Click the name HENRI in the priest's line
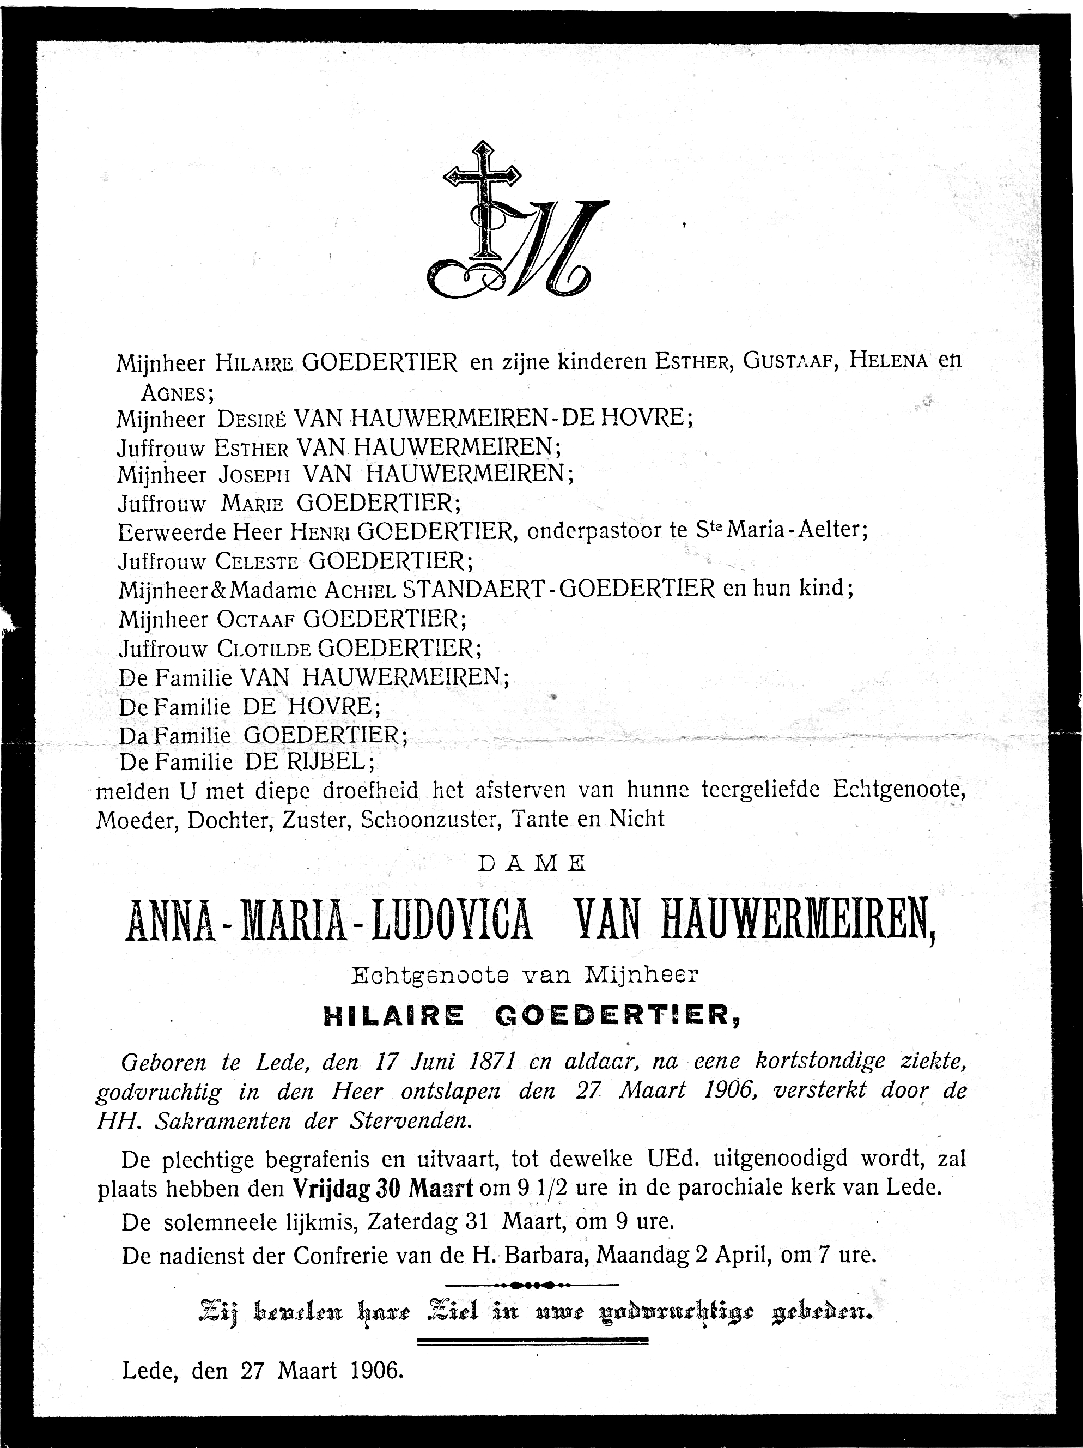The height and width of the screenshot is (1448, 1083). pyautogui.click(x=321, y=531)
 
